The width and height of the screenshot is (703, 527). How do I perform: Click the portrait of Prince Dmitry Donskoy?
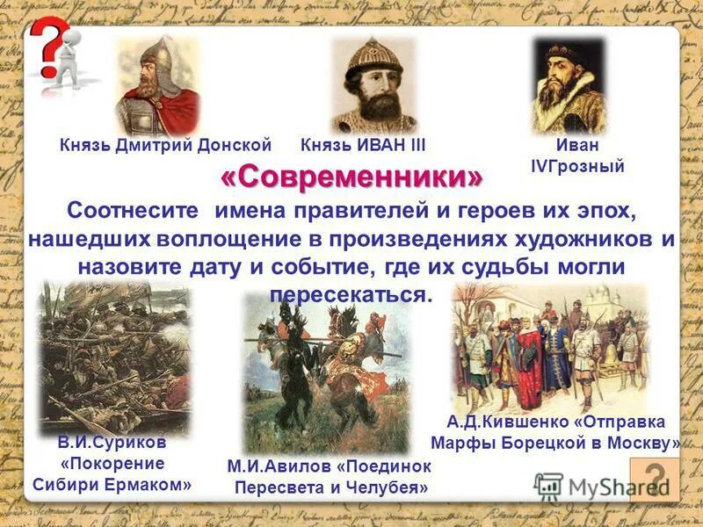[x=157, y=86]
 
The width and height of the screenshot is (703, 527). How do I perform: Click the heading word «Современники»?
[x=351, y=177]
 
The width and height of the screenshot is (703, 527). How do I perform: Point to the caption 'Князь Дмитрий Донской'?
[x=165, y=145]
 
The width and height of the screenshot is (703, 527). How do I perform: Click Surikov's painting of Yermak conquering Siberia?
[x=115, y=356]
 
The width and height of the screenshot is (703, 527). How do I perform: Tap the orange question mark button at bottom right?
[x=654, y=479]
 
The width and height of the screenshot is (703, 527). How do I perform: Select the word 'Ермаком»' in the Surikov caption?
[x=153, y=484]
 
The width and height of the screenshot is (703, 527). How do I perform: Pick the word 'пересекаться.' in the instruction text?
[x=351, y=293]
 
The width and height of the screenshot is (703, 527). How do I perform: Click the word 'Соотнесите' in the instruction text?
[x=132, y=212]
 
